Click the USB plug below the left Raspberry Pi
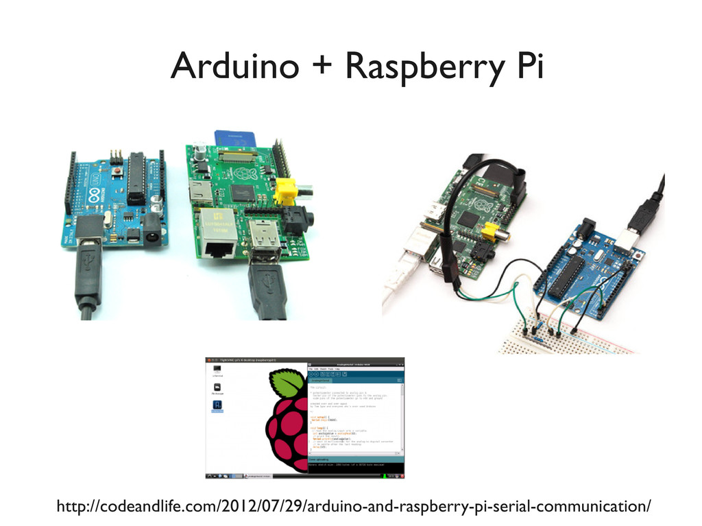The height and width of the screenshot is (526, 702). (x=265, y=288)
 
